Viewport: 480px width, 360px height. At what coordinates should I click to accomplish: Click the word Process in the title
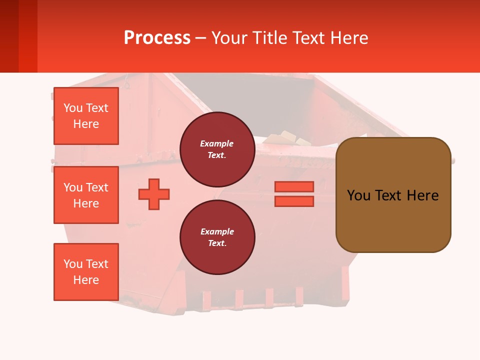point(157,38)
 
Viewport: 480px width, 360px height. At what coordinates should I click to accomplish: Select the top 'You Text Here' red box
point(86,116)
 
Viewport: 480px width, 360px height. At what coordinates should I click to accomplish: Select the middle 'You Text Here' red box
point(86,195)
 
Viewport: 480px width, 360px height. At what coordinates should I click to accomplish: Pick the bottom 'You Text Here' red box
point(86,272)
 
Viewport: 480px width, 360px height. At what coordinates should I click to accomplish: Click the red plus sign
point(154,194)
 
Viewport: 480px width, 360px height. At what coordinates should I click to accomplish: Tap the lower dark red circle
point(217,237)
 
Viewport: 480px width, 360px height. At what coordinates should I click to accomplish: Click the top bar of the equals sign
point(294,186)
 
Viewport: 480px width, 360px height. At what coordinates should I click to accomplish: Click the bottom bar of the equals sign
point(294,201)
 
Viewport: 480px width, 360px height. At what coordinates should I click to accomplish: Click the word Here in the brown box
point(422,195)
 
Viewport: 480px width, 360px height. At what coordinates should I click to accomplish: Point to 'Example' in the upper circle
point(217,143)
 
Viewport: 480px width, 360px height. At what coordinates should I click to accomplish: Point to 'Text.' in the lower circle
point(217,243)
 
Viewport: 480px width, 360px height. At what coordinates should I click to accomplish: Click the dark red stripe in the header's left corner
point(9,36)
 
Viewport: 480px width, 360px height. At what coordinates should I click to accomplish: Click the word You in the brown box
point(359,195)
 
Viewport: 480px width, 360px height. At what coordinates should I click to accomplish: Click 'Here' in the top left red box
point(86,124)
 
